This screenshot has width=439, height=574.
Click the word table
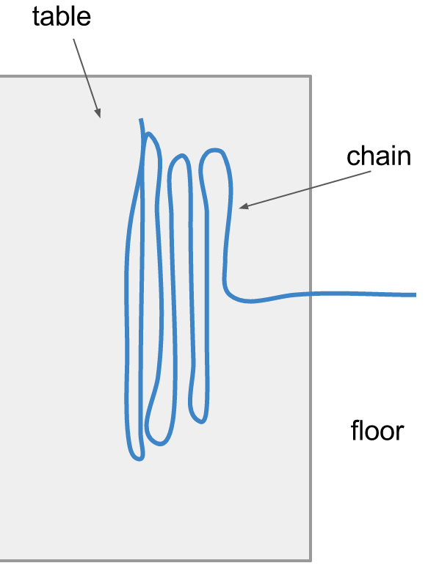click(62, 16)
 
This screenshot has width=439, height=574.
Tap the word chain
click(379, 156)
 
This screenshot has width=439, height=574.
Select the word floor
click(377, 430)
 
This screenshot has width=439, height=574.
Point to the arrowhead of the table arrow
click(98, 114)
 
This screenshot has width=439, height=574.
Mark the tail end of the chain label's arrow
click(371, 172)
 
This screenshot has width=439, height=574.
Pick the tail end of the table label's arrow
click(73, 39)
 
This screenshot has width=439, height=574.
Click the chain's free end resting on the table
click(141, 119)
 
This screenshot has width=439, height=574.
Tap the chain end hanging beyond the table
click(416, 294)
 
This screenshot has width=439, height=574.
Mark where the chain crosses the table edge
click(311, 293)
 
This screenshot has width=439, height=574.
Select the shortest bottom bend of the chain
click(199, 419)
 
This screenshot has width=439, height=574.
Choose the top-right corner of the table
click(311, 76)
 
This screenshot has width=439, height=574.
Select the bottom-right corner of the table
click(311, 560)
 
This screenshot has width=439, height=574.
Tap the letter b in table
click(65, 16)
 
